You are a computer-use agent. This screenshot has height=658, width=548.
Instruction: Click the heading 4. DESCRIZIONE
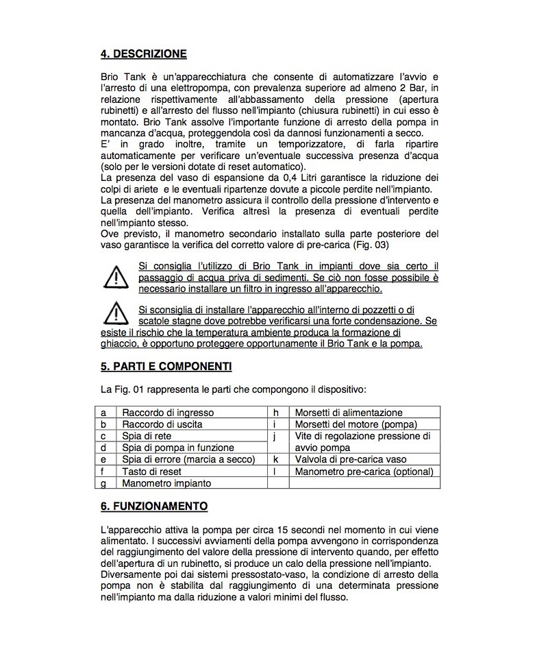tap(143, 54)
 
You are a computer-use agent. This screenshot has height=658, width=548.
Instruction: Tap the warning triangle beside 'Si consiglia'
tap(114, 278)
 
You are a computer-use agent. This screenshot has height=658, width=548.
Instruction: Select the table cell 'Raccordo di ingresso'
tap(168, 413)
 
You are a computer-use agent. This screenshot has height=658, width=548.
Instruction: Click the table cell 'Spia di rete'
tap(147, 436)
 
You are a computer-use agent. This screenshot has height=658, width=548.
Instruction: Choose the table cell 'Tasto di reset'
tap(153, 472)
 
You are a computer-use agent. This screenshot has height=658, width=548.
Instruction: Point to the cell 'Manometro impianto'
tap(166, 483)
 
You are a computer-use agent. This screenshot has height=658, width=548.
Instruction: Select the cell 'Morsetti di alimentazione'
tap(349, 413)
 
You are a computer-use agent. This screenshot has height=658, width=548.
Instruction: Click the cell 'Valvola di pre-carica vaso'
tap(349, 459)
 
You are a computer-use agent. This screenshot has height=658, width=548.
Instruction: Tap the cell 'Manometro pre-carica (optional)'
tap(364, 472)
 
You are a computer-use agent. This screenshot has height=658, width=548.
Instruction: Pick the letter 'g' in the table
tap(103, 483)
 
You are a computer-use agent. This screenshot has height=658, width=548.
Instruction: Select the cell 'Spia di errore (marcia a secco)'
tap(188, 459)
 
